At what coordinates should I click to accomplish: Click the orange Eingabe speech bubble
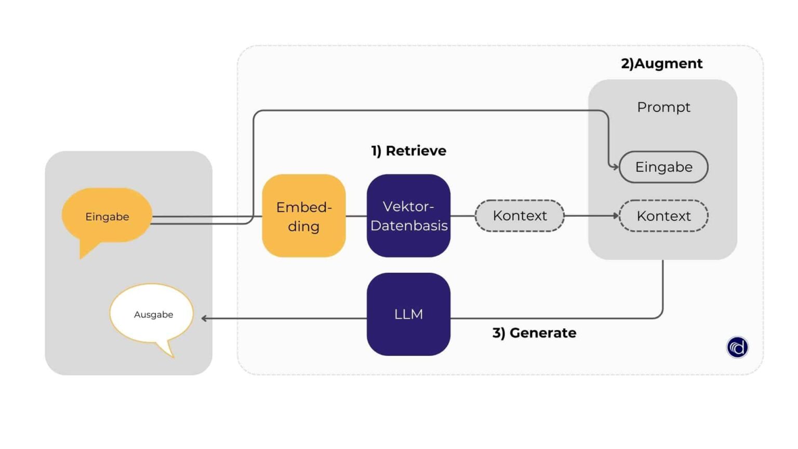coord(107,216)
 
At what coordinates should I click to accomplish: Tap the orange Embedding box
coord(303,216)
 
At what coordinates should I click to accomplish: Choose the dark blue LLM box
coord(408,314)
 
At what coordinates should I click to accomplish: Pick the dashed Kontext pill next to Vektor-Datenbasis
coord(520,216)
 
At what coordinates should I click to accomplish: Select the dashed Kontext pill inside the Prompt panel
coord(663,216)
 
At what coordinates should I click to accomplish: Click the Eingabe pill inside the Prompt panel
coord(663,167)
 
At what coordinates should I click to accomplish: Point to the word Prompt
coord(663,107)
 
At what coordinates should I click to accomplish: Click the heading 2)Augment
coord(661,63)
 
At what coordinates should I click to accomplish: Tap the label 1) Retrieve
coord(408,151)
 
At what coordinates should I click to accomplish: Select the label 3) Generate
coord(534,333)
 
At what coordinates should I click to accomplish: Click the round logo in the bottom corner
coord(737,347)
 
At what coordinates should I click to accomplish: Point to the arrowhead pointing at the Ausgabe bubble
coord(204,318)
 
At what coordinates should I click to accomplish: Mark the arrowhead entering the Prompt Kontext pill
coord(616,216)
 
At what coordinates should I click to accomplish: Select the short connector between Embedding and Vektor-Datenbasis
coord(356,216)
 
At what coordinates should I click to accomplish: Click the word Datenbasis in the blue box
coord(409,226)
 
